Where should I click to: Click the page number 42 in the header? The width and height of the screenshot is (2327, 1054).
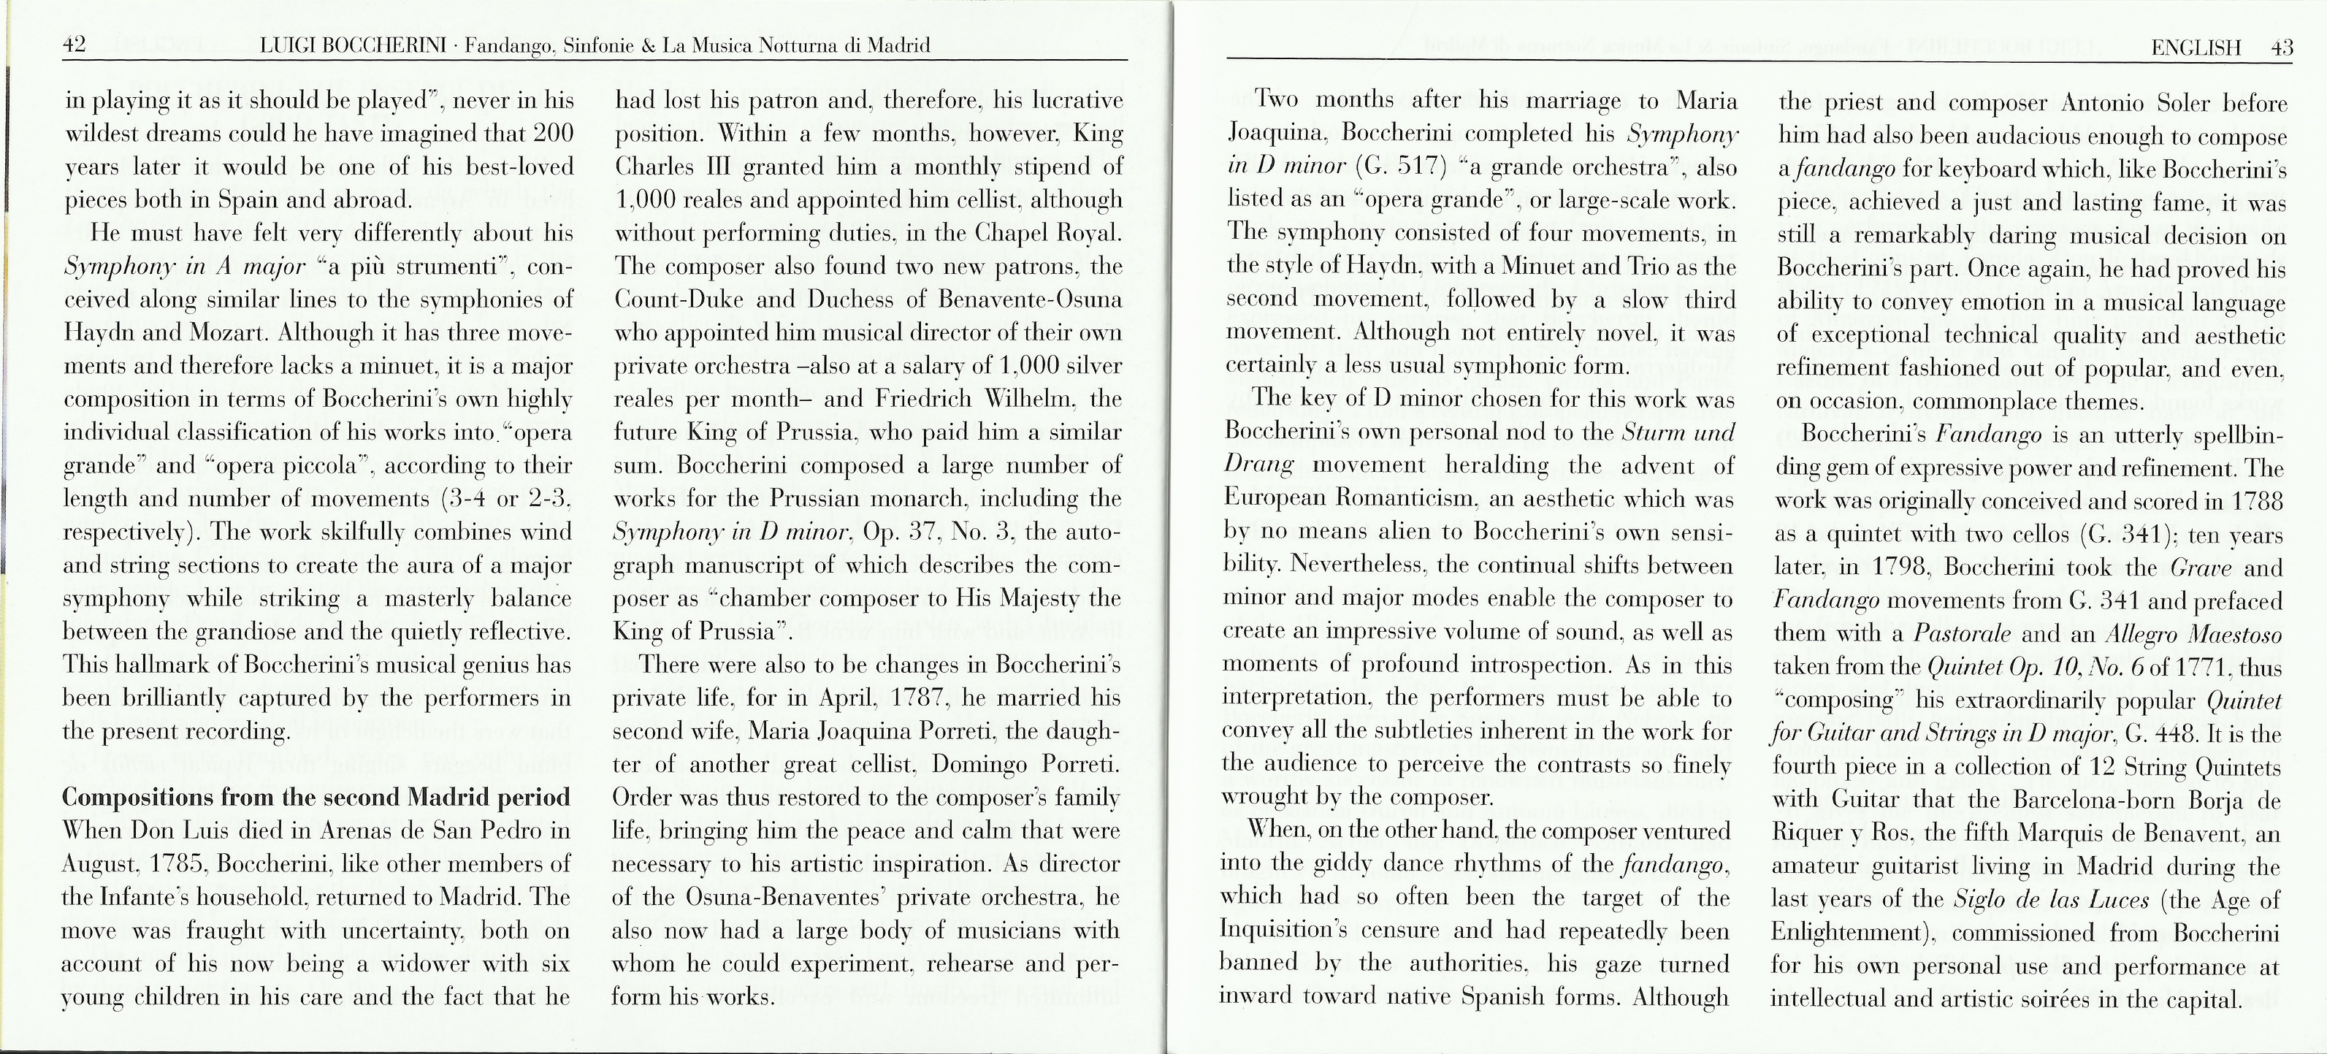click(74, 45)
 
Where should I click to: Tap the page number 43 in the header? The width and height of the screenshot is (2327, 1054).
click(2281, 48)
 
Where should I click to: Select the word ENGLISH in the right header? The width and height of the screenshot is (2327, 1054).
click(2196, 48)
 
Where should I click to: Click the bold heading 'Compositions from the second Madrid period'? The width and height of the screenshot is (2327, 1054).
click(316, 798)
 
